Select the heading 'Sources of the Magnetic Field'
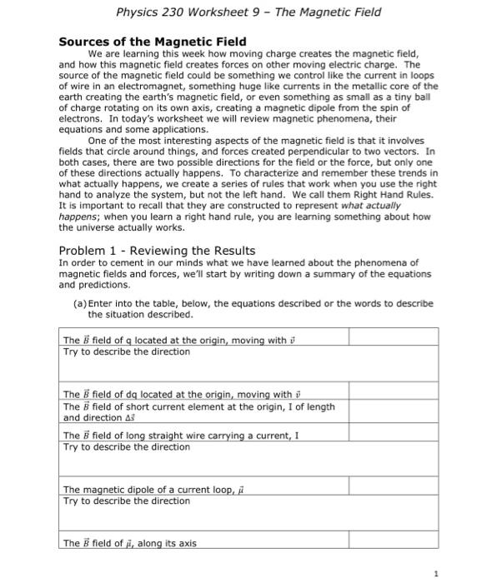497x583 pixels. pos(152,42)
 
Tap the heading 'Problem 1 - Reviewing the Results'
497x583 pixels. pos(157,251)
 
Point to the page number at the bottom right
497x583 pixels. pos(435,573)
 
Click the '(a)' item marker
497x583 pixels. pos(80,304)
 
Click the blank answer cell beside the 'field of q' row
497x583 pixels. pos(393,338)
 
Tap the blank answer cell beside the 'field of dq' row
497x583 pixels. pos(393,393)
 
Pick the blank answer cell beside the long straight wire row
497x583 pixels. pos(393,435)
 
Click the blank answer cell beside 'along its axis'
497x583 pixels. pos(393,543)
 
